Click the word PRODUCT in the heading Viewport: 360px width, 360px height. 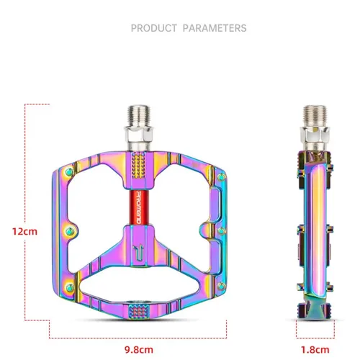[x=153, y=28]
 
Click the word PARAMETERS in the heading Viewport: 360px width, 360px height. [x=214, y=28]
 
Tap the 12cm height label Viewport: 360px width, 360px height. [x=25, y=232]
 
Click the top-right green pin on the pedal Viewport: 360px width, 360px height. [x=212, y=173]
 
